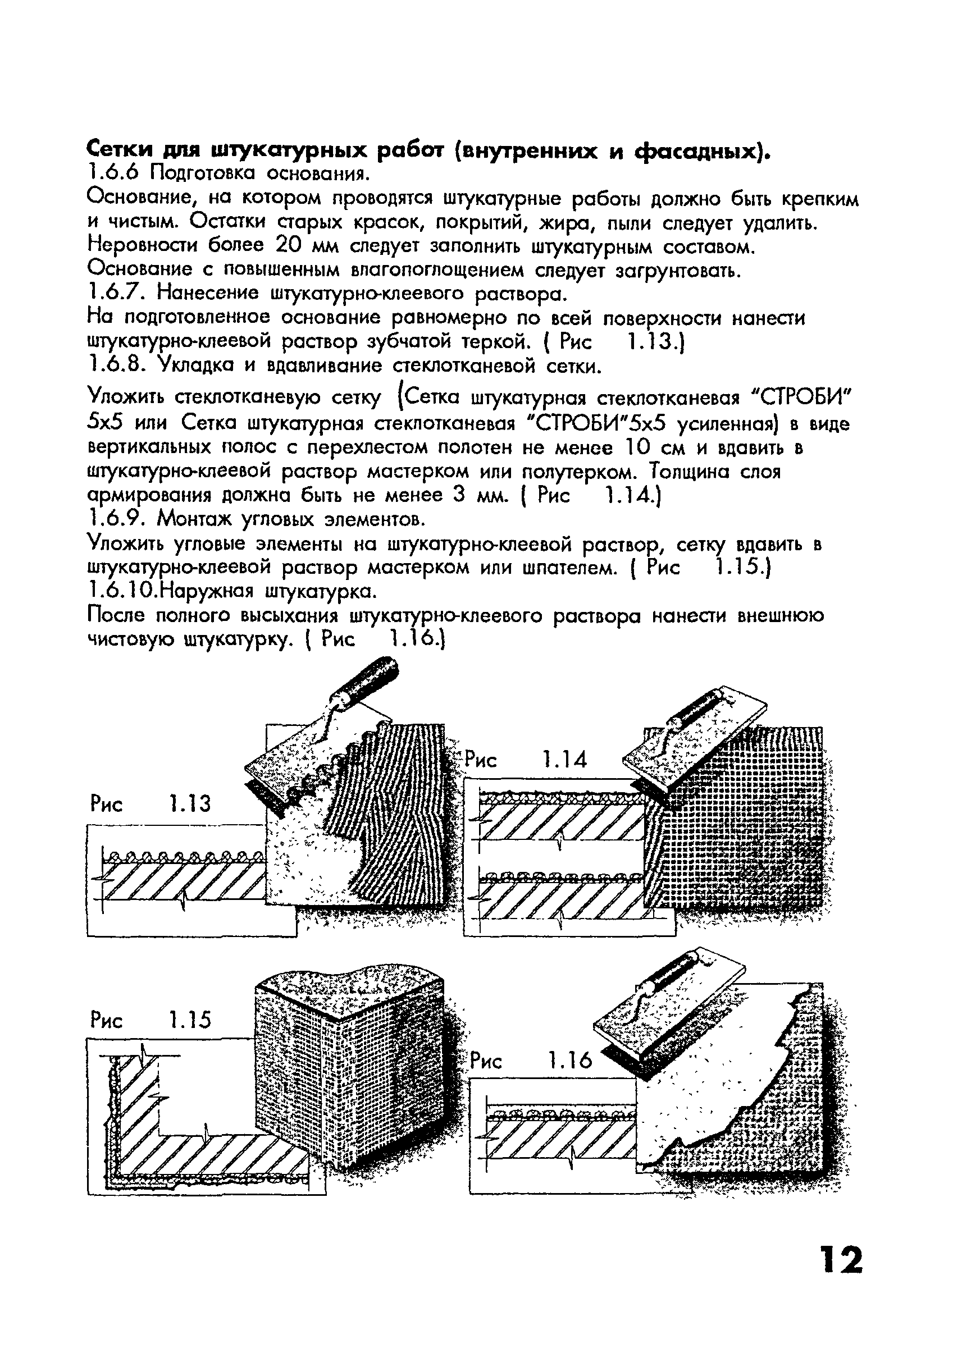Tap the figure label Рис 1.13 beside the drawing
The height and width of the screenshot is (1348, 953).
tap(151, 803)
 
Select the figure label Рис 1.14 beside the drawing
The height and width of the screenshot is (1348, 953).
tap(526, 760)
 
